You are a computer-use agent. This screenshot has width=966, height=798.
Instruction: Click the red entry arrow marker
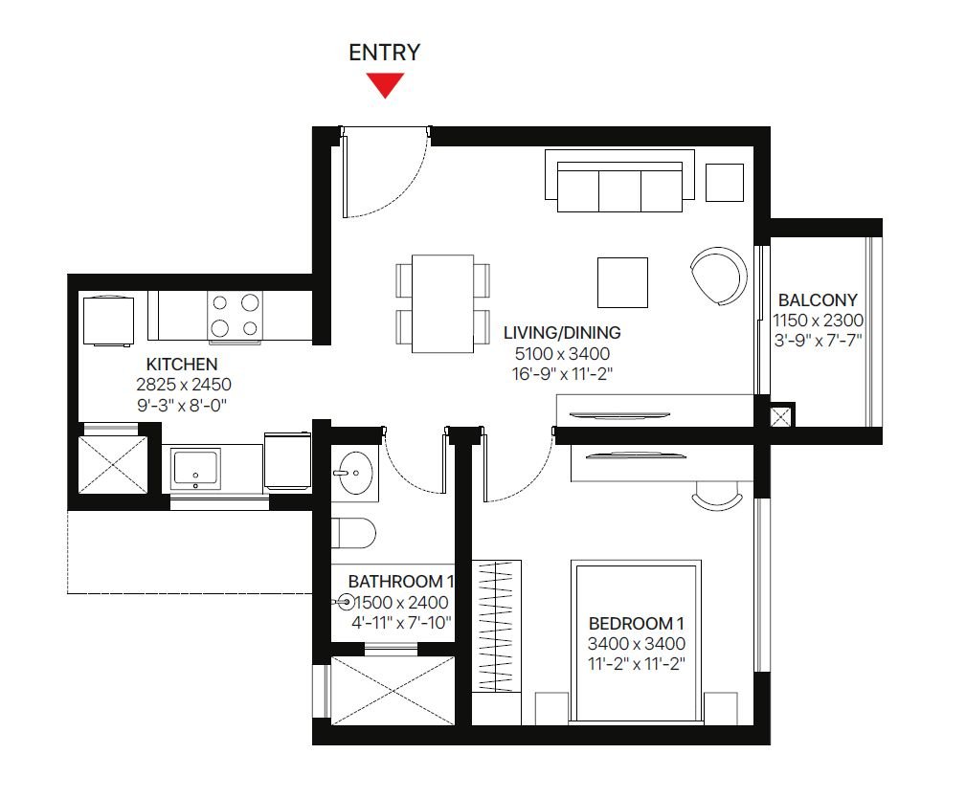point(385,84)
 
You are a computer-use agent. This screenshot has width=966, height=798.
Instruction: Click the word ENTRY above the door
point(385,53)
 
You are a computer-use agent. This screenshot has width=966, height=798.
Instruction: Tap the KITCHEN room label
point(182,364)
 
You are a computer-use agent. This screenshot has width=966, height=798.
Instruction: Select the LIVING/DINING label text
point(562,333)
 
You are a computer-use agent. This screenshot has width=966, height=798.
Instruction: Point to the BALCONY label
point(818,299)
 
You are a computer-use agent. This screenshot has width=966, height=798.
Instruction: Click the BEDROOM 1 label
point(637,623)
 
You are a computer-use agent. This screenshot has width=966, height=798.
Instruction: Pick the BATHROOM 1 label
point(401,581)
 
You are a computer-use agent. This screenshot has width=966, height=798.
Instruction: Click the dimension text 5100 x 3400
point(563,353)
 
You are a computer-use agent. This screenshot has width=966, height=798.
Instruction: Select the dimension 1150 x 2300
point(819,321)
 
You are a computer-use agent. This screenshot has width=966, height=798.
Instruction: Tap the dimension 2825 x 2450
point(184,385)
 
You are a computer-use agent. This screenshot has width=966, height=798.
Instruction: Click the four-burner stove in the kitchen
point(235,316)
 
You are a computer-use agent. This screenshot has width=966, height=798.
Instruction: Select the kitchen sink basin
point(196,468)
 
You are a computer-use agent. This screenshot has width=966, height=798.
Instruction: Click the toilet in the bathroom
point(353,533)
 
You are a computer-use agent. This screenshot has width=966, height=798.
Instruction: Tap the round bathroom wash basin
point(355,473)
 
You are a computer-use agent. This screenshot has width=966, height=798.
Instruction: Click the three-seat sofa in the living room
point(619,181)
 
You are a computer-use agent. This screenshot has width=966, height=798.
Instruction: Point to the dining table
point(442,303)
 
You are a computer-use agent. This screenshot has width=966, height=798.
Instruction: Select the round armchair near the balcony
point(718,276)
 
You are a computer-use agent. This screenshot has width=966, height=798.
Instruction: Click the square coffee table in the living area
point(622,282)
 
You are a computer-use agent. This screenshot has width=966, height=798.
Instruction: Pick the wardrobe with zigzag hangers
point(497,626)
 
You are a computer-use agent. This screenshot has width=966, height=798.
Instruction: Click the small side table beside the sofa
point(725,182)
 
